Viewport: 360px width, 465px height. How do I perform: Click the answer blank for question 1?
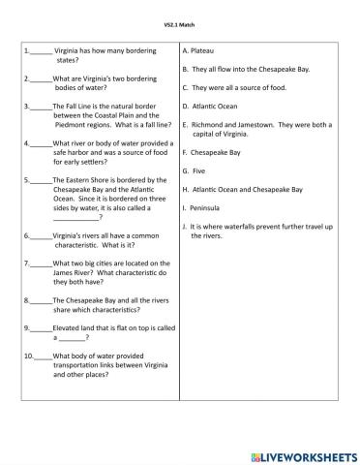pyautogui.click(x=41, y=47)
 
